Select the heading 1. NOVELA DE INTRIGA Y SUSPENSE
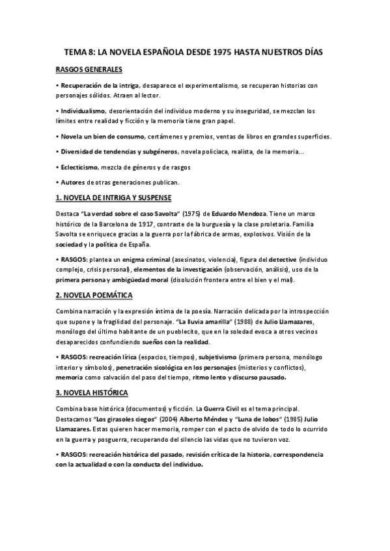click(x=114, y=197)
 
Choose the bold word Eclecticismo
click(x=80, y=166)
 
